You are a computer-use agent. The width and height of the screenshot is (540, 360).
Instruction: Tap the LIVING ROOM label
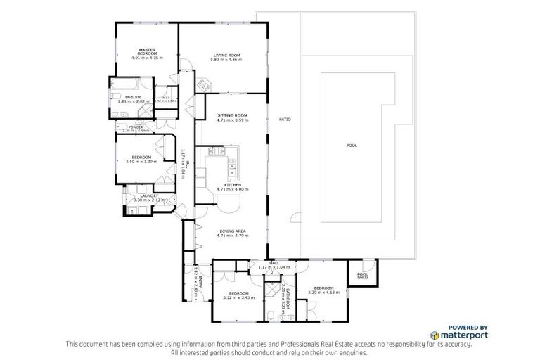coord(226,55)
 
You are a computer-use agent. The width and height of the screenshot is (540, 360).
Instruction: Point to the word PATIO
coord(284,119)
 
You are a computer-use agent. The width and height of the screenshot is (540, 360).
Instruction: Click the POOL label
coord(352,146)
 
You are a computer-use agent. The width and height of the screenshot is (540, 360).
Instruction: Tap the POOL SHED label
coord(362,276)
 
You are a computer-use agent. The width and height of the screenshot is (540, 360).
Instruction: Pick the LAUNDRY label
coord(149,195)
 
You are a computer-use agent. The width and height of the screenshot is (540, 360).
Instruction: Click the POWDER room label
coord(136,127)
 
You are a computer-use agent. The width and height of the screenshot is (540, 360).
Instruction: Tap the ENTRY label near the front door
coord(200,281)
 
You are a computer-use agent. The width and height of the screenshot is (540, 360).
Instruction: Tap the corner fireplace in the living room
coord(202,84)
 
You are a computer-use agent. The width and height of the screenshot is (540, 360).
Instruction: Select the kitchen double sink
coord(230,172)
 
